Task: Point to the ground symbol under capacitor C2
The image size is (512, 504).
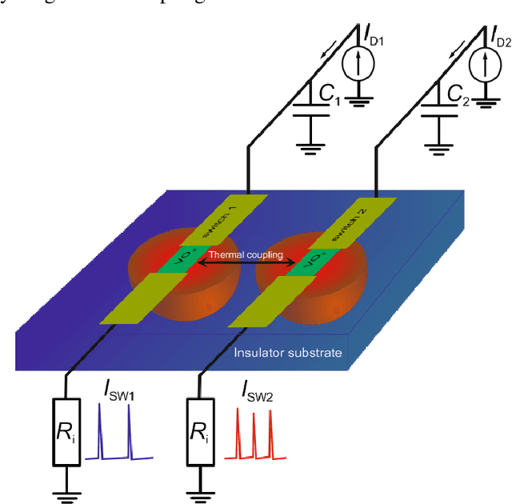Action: [435, 143]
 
